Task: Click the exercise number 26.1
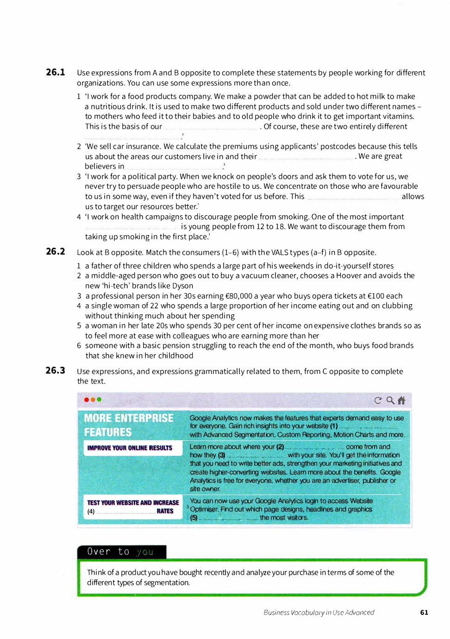(x=56, y=72)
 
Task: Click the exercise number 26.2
(x=56, y=251)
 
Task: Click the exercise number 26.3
(x=56, y=370)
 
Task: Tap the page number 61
(x=424, y=612)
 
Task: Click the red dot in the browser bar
(x=87, y=400)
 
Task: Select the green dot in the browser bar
(x=99, y=400)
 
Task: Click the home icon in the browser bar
(x=401, y=401)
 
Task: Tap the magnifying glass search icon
(x=390, y=401)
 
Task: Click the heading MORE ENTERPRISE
(x=129, y=418)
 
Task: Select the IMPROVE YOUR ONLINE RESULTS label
(x=130, y=448)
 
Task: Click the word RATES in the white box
(x=165, y=511)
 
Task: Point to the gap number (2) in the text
(x=280, y=447)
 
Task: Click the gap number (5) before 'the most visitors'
(x=194, y=518)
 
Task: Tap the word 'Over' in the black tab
(x=99, y=551)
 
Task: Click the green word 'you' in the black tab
(x=145, y=552)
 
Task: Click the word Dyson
(x=182, y=286)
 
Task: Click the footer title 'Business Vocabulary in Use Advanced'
(x=319, y=612)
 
